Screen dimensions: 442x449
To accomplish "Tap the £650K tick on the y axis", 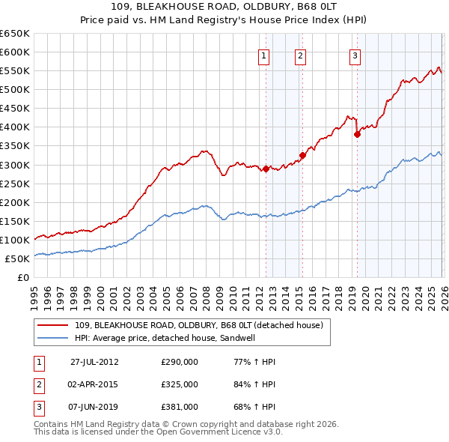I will point(15,34).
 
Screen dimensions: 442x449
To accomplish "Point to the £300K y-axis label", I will point(15,165).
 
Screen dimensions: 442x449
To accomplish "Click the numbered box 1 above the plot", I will point(265,55).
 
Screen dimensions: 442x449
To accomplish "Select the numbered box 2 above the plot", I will point(300,55).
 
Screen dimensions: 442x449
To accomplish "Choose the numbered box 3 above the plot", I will point(355,55).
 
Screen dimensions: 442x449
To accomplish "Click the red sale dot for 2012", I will point(266,169).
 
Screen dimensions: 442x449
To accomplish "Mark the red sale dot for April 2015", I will point(302,156).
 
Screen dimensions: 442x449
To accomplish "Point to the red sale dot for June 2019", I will point(357,135).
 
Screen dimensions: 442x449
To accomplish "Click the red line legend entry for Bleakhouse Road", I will point(198,325).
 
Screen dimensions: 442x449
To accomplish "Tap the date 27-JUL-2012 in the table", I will point(94,361).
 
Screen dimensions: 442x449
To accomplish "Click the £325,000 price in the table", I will point(180,384).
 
